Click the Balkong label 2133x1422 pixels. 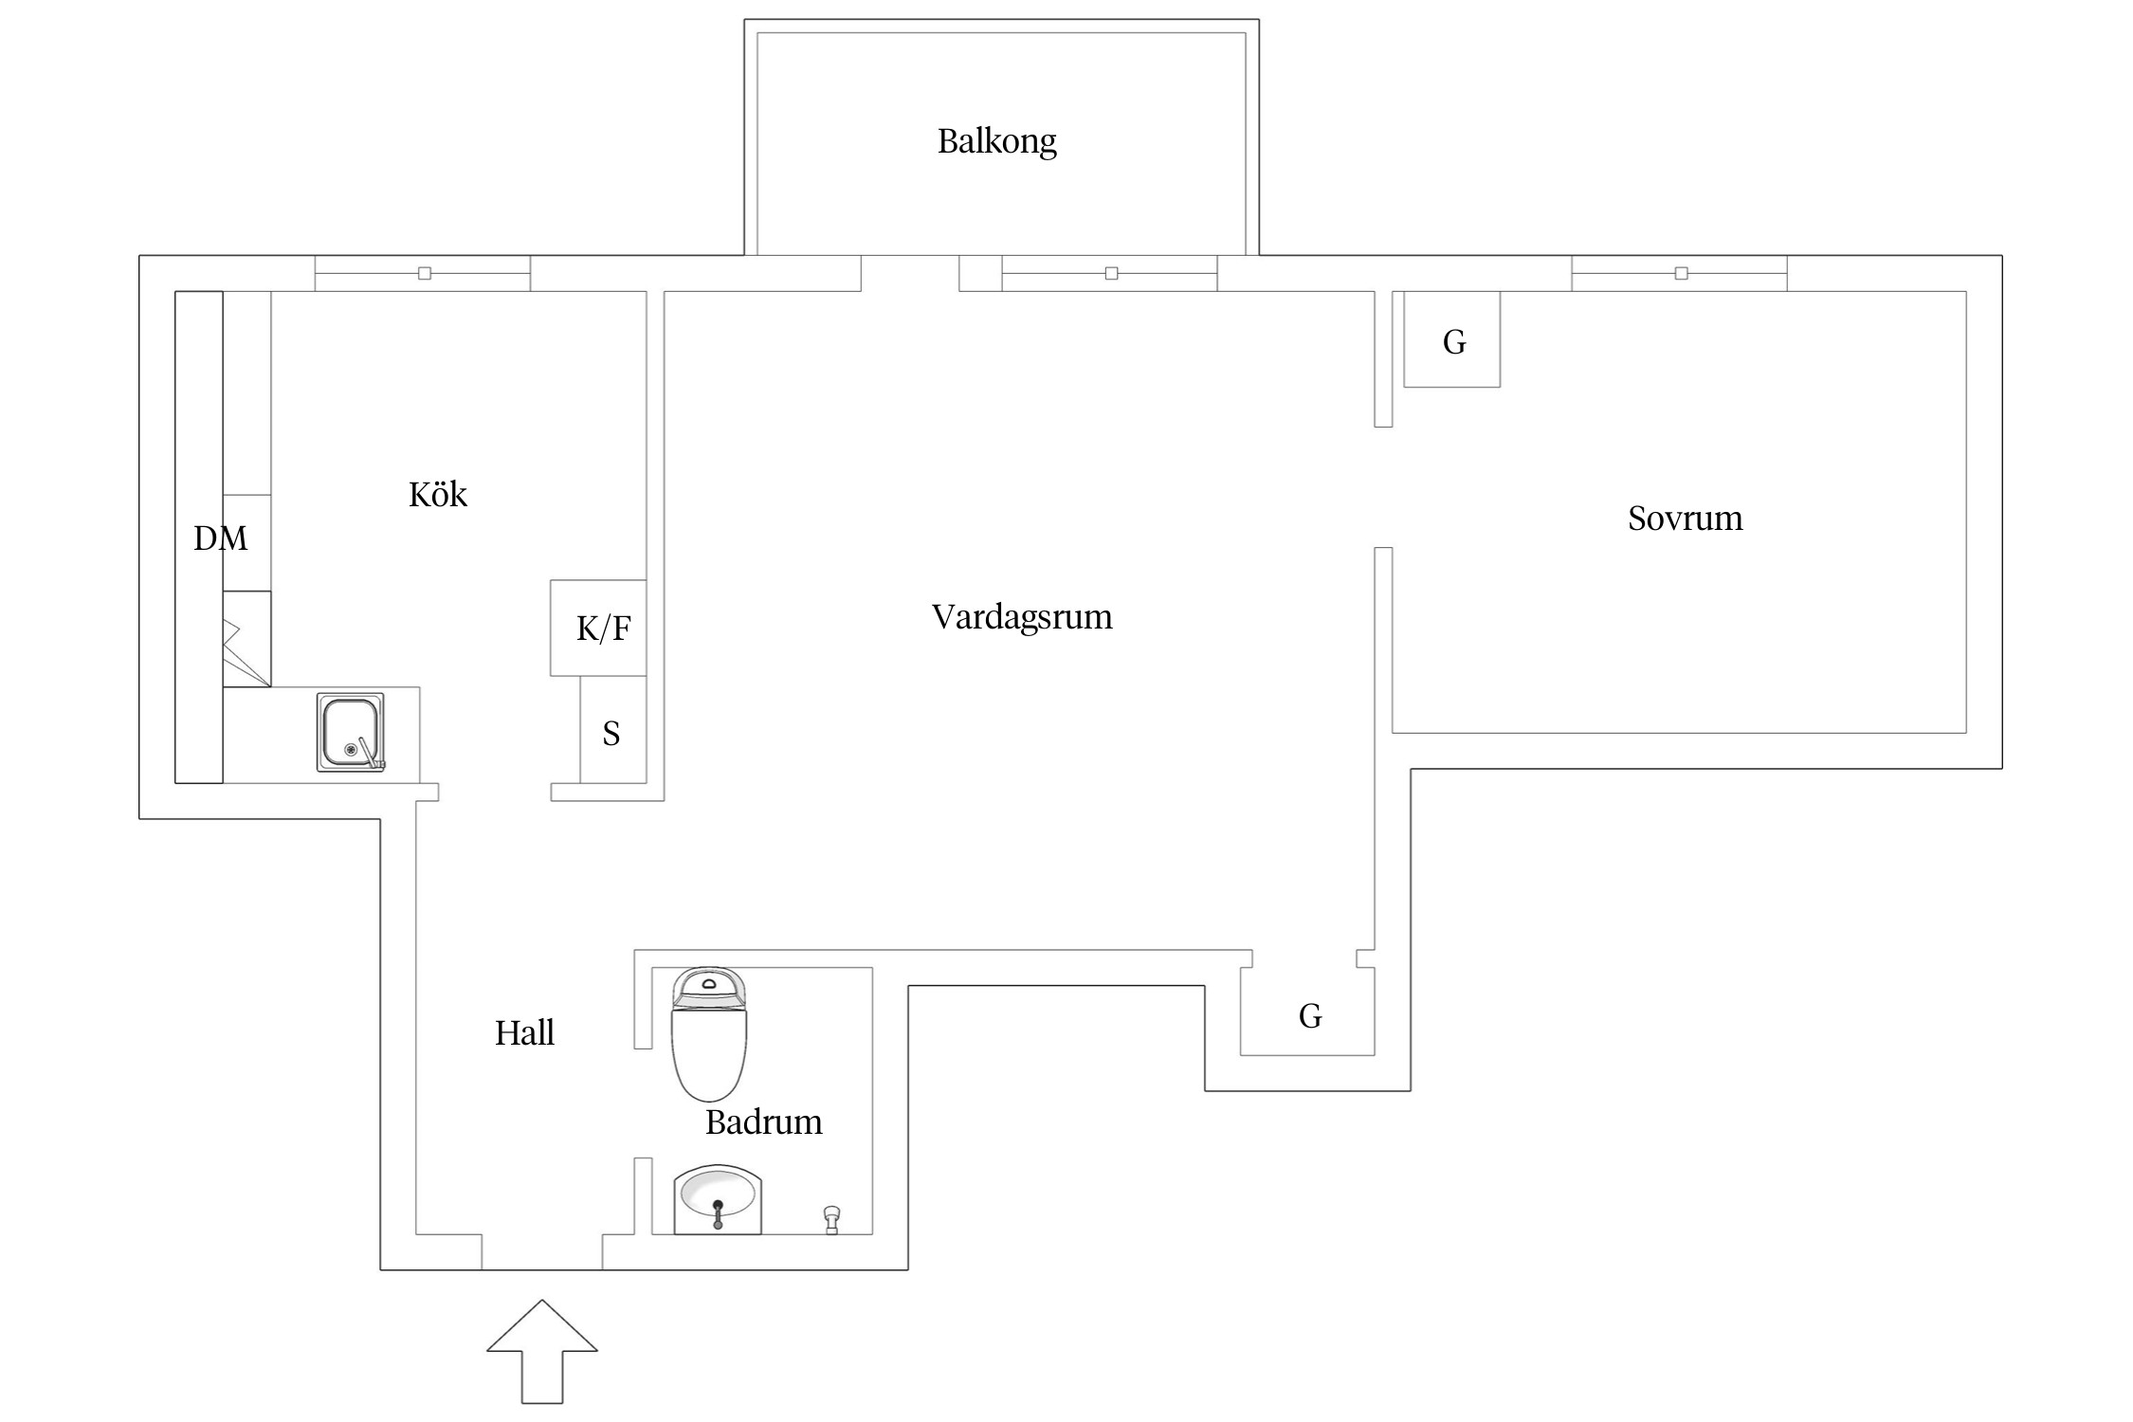(996, 141)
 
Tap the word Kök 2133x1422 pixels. (437, 494)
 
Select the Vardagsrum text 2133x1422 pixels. (1021, 616)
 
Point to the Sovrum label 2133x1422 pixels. (1685, 518)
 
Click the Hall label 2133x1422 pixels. (524, 1032)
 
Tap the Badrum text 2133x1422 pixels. (763, 1122)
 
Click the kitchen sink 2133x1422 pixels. (351, 733)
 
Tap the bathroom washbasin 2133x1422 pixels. (718, 1199)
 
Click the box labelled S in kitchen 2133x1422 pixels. (612, 732)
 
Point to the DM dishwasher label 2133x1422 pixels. (221, 538)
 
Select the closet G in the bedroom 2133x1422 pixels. (1451, 340)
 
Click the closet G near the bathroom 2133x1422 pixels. (1309, 1016)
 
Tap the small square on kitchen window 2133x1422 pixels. (425, 273)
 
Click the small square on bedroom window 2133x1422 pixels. (1681, 273)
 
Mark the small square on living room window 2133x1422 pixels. (1111, 273)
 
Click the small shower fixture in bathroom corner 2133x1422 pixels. (831, 1219)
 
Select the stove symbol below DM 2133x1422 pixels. (246, 640)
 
